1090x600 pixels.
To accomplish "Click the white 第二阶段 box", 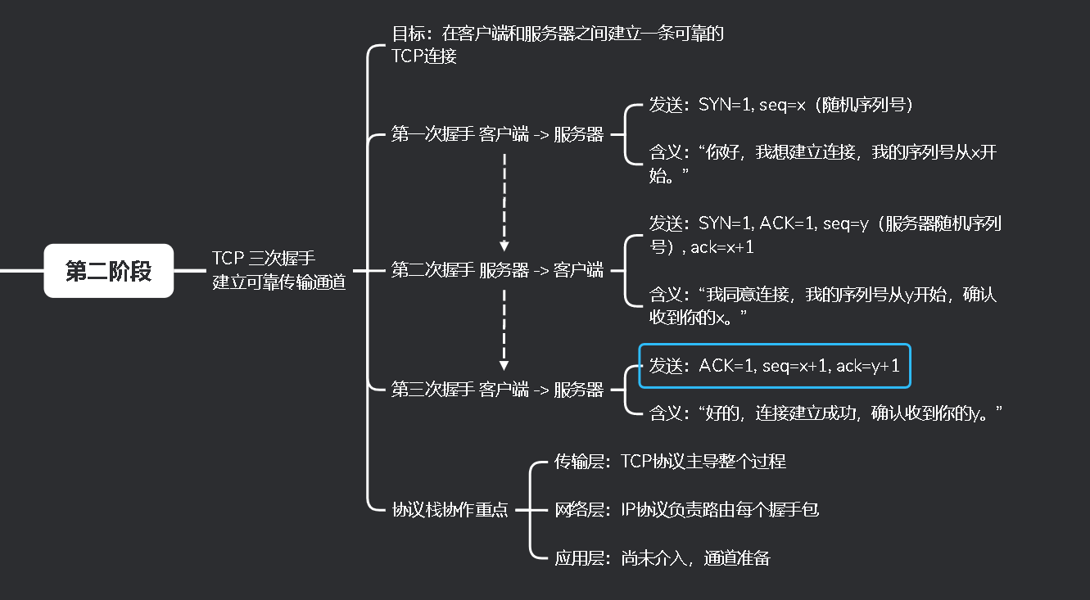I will click(x=108, y=271).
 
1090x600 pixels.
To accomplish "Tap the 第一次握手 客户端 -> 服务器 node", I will click(x=497, y=135).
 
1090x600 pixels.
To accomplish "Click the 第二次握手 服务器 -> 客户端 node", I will click(x=497, y=270).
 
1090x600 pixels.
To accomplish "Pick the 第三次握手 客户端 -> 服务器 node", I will click(x=497, y=390).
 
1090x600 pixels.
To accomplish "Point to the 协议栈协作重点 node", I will click(x=450, y=510).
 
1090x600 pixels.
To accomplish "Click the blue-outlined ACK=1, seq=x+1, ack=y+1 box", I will click(x=774, y=366).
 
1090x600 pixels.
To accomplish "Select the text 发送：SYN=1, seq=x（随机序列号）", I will click(x=781, y=105).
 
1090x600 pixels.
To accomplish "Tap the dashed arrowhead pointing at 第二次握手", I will click(x=504, y=245).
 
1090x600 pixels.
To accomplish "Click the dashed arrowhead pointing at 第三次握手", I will click(x=504, y=364).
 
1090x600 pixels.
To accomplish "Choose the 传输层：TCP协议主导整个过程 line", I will click(x=670, y=462).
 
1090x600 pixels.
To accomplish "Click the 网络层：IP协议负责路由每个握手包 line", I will click(x=686, y=510).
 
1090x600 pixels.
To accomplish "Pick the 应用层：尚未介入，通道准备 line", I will click(x=662, y=558).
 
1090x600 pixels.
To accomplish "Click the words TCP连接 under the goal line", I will click(x=424, y=56).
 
